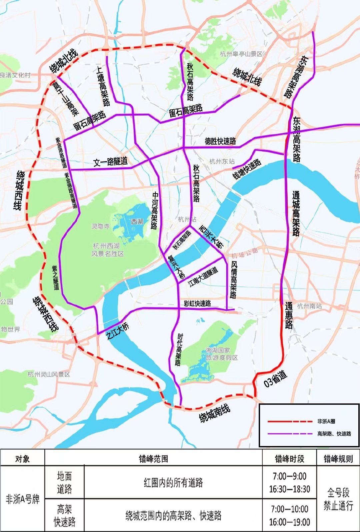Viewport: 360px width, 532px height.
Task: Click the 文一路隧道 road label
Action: (x=110, y=162)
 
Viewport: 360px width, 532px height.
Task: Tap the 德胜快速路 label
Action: (x=220, y=141)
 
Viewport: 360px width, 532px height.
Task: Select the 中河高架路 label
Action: (x=155, y=211)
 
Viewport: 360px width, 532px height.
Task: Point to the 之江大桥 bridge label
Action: (x=118, y=331)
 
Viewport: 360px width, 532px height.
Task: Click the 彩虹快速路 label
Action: (x=197, y=303)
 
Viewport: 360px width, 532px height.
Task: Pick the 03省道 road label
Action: (x=275, y=379)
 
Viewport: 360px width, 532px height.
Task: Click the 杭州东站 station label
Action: (x=222, y=162)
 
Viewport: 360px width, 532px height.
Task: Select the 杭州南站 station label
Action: (x=309, y=306)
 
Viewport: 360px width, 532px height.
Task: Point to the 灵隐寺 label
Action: (x=100, y=227)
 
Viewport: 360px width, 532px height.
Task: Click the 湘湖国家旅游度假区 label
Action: (x=222, y=354)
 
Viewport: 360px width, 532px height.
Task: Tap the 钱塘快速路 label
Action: (x=247, y=169)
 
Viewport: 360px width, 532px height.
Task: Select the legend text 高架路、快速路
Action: (x=334, y=434)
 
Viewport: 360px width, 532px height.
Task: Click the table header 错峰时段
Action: (x=289, y=459)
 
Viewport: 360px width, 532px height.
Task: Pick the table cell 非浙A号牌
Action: (x=23, y=499)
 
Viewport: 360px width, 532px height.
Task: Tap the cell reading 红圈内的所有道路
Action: (x=173, y=482)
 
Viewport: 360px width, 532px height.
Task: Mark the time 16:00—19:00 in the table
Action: (x=289, y=522)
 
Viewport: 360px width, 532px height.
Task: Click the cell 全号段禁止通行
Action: (x=338, y=499)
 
